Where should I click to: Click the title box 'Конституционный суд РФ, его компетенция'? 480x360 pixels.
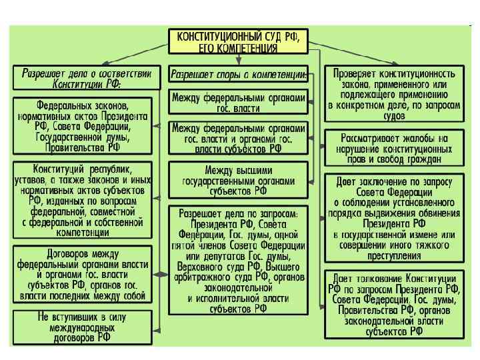(239, 42)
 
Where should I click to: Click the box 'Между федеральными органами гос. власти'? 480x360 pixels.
(239, 103)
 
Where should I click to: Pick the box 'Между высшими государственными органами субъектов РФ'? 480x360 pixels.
(239, 179)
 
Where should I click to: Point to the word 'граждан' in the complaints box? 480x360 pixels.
(421, 160)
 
